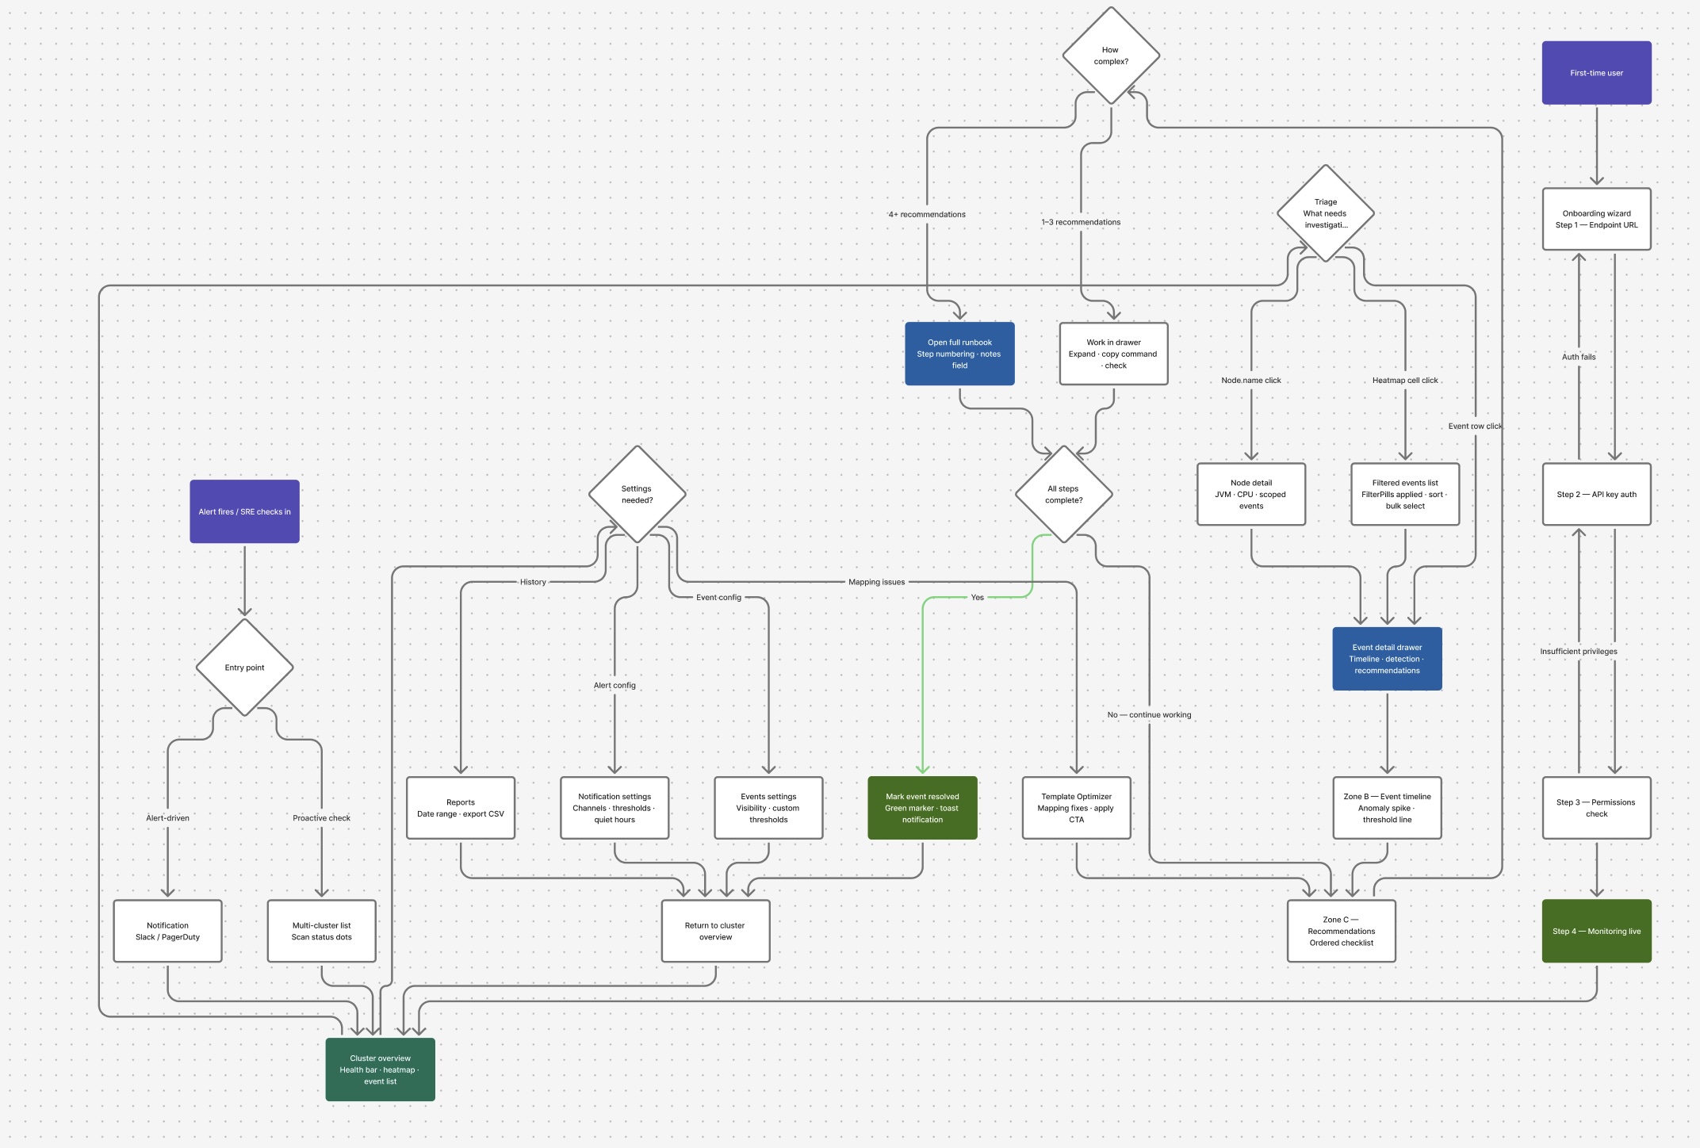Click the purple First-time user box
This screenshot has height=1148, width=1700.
(x=1596, y=73)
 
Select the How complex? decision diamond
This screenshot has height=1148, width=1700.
(x=1111, y=55)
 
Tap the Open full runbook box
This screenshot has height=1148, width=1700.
(x=959, y=354)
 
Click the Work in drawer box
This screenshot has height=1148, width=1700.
(x=1113, y=354)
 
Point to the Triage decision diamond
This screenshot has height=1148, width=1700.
(x=1325, y=213)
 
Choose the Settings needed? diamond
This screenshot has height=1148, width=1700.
(x=637, y=494)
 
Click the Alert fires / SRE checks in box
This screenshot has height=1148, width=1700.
(x=244, y=511)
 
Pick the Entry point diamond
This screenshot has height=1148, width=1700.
(x=244, y=668)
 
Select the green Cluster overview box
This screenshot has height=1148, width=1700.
(x=380, y=1070)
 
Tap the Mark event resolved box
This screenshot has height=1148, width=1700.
(x=922, y=808)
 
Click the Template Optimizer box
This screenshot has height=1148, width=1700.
(x=1076, y=808)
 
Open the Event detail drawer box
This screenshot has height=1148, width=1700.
(x=1387, y=659)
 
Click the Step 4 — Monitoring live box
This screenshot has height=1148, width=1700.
(x=1596, y=931)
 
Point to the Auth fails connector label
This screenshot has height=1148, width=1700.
(x=1579, y=357)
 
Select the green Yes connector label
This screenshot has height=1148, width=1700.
(x=977, y=598)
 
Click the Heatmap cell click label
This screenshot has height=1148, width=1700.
(x=1405, y=381)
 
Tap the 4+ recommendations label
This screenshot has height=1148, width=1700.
(x=927, y=215)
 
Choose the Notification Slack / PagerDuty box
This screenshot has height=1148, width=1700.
(x=167, y=931)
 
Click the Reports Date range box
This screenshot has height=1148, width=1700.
(x=461, y=808)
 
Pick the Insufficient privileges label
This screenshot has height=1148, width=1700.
(x=1579, y=652)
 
